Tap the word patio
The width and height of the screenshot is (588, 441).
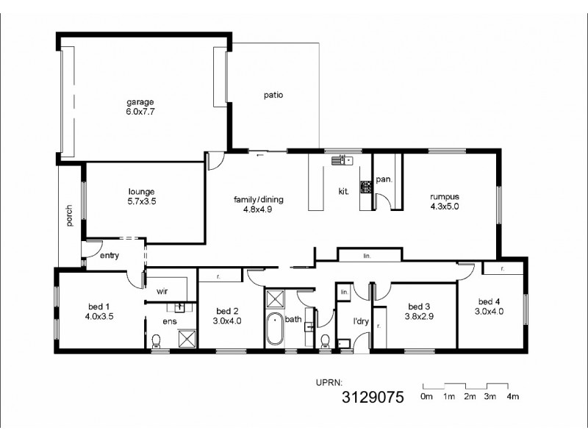(273, 95)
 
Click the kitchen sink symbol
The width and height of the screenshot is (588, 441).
(343, 159)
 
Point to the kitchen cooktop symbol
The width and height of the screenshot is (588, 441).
(365, 187)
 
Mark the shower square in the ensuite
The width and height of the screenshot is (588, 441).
(187, 337)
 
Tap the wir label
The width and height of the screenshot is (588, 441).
(162, 290)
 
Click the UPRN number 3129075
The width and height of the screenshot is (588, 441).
(373, 398)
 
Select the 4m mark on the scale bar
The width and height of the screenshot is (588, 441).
(512, 397)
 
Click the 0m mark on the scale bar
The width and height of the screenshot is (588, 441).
(426, 397)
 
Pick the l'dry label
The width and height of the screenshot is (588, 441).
(361, 321)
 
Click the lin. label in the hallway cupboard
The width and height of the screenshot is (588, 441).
(367, 257)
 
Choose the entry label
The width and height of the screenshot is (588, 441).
(110, 255)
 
